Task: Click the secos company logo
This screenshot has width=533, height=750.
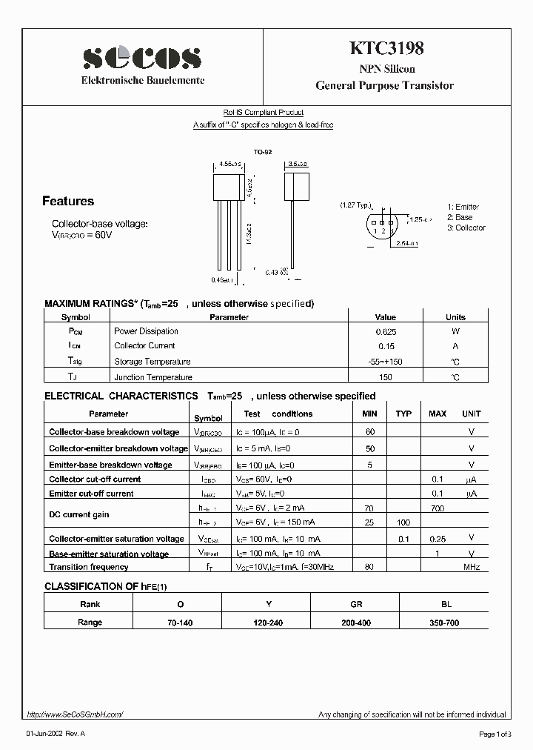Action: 142,56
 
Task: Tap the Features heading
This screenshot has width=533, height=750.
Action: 68,201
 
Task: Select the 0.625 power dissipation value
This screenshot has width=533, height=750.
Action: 385,331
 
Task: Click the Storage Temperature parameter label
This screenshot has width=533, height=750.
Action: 152,362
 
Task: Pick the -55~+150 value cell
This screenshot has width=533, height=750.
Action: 385,362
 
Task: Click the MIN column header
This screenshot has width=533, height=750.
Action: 369,414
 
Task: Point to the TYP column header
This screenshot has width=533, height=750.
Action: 403,414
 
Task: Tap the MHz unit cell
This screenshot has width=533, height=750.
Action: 472,567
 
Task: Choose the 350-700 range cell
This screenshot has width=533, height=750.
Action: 444,623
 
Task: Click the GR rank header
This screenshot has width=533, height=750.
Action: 356,604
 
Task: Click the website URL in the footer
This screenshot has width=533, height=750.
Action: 75,714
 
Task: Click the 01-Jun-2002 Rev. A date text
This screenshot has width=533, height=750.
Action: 56,734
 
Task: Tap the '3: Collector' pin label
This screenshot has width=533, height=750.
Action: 466,228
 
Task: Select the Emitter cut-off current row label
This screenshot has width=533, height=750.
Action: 91,494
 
